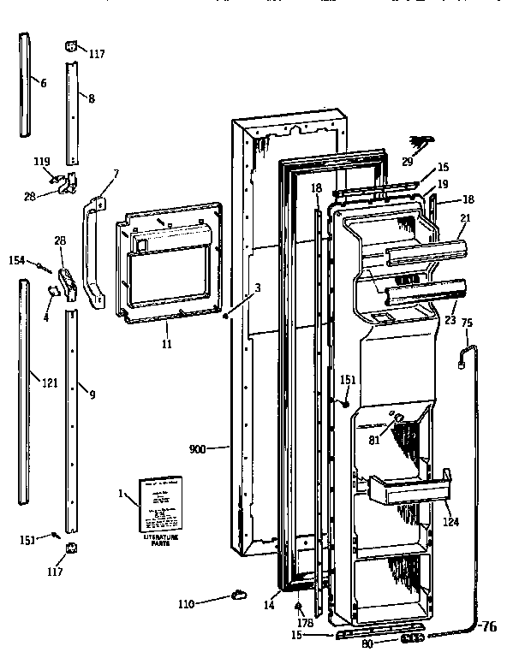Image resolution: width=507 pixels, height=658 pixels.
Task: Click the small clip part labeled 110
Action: point(237,596)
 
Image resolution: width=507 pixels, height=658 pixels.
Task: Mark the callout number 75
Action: point(467,323)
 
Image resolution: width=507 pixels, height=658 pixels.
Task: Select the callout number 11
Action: point(166,344)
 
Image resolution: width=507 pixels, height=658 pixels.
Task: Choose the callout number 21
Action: point(464,220)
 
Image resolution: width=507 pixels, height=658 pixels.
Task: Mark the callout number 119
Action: point(41,160)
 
